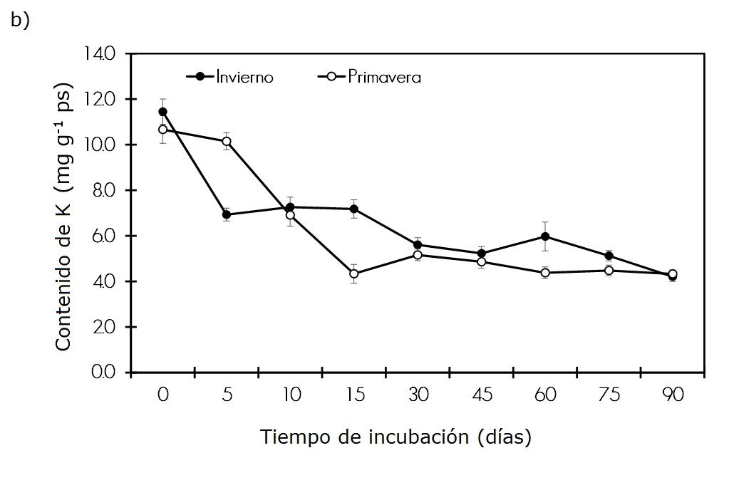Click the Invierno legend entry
(x=229, y=77)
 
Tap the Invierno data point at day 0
(x=163, y=112)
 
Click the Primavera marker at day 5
(x=227, y=141)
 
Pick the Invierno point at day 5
(x=227, y=214)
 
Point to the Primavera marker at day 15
(x=354, y=273)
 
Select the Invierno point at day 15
(x=354, y=209)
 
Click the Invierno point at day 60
(x=545, y=236)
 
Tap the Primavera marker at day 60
(x=545, y=273)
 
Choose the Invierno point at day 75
(x=609, y=256)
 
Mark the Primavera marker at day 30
(x=418, y=255)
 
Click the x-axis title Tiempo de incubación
(x=396, y=437)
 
